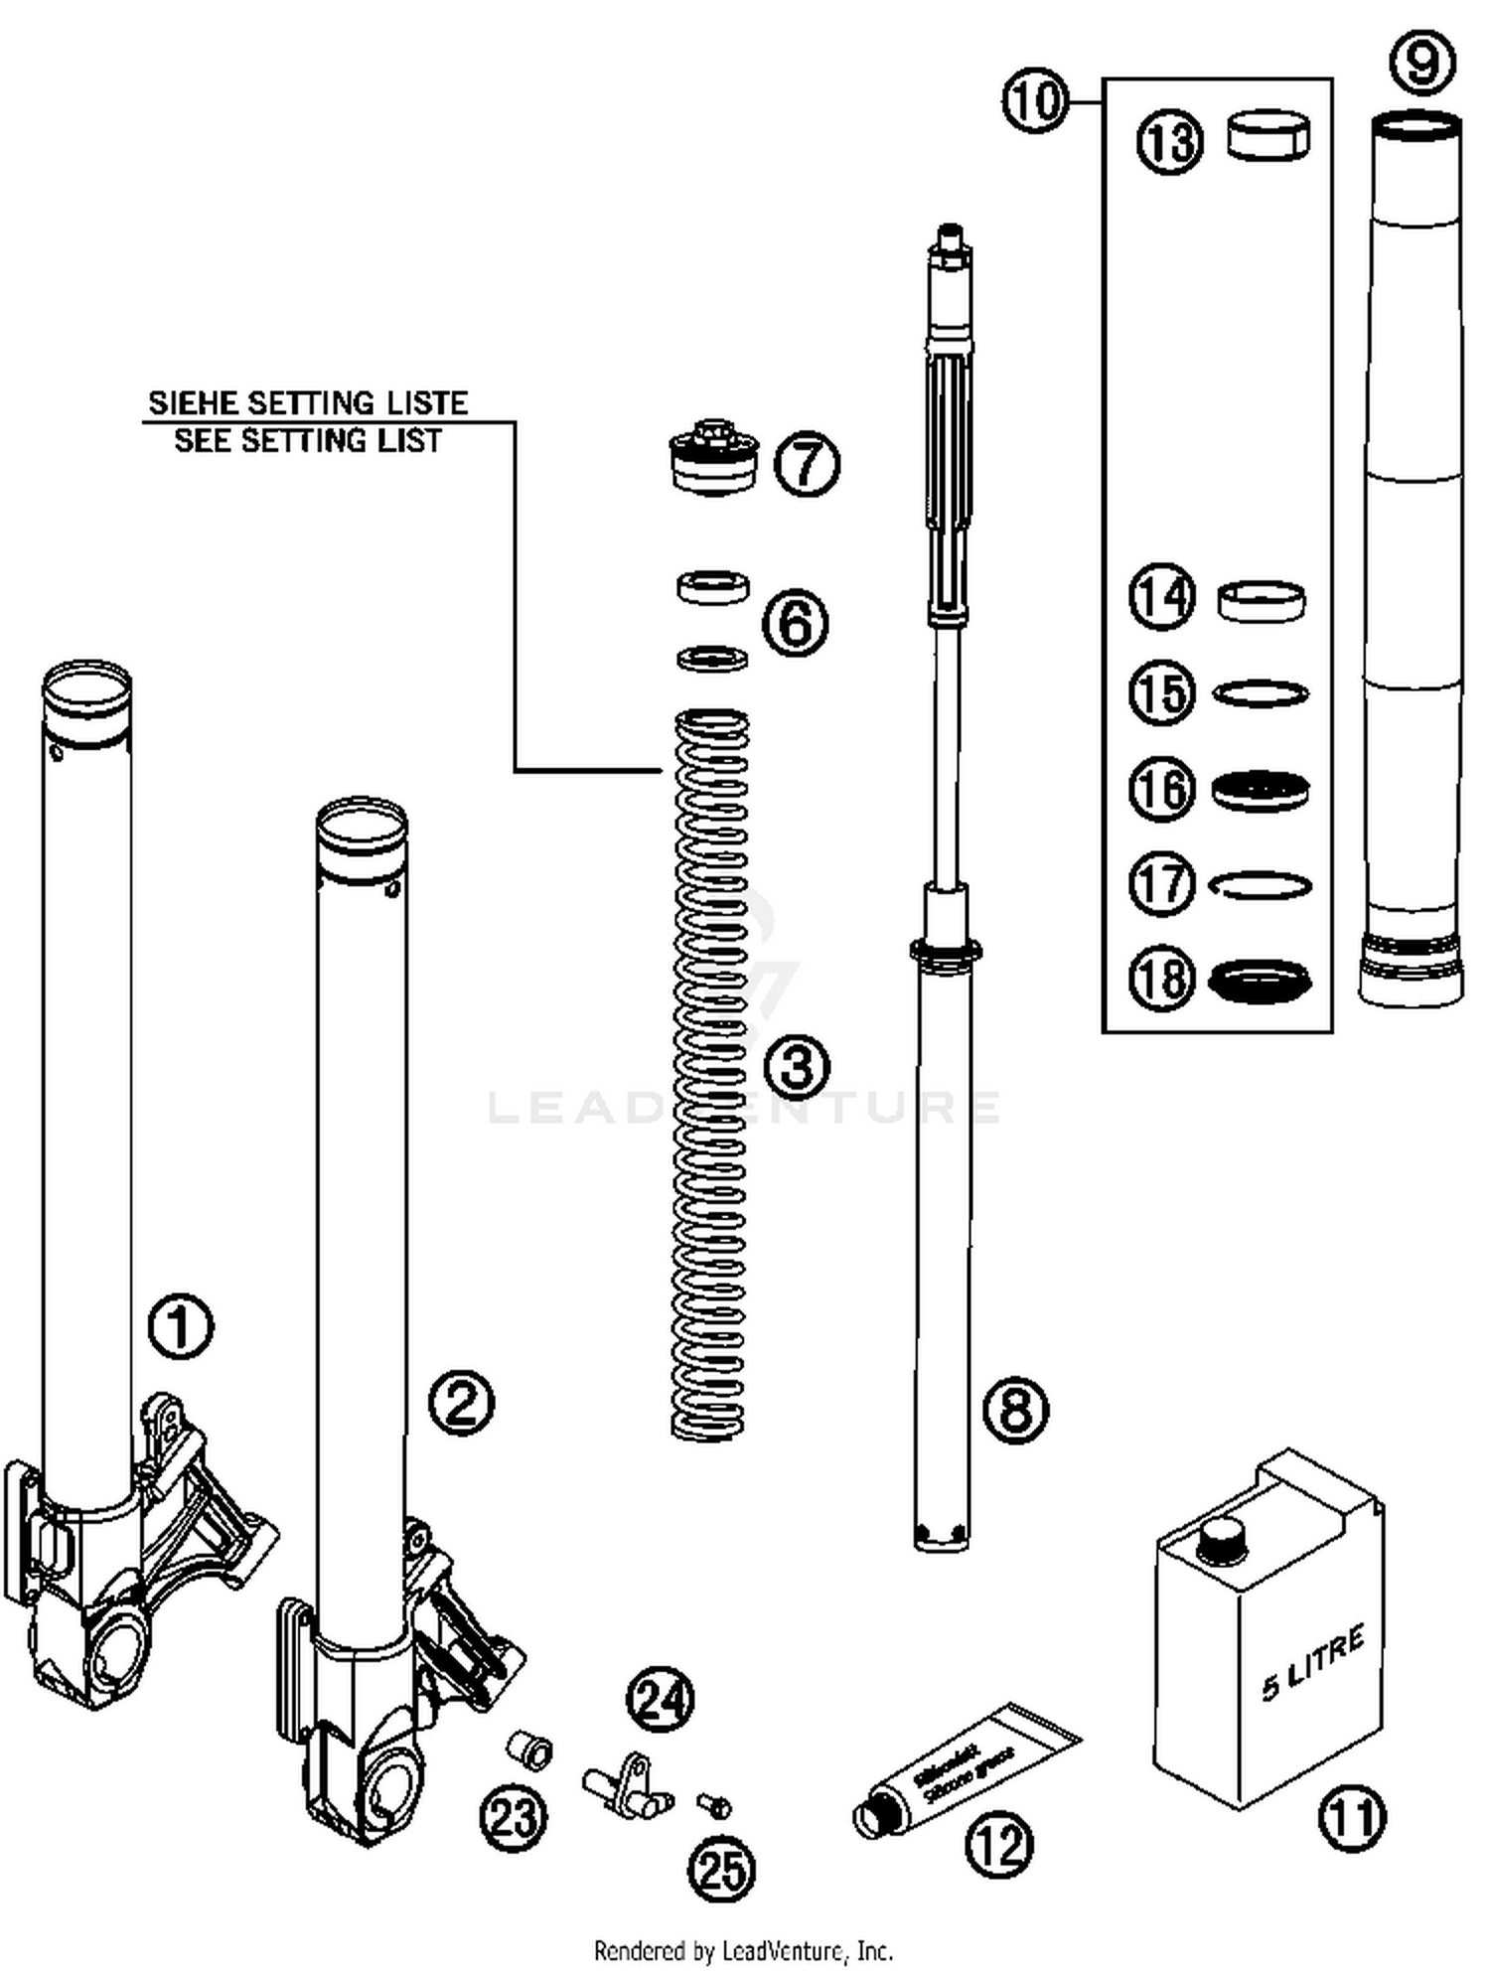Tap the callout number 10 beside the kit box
tap(1034, 101)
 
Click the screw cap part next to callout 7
tap(714, 457)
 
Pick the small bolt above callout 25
tap(715, 1804)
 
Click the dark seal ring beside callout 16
tap(1261, 790)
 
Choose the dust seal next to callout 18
tap(1261, 981)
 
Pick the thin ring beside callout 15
tap(1261, 693)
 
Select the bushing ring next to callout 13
tap(1268, 135)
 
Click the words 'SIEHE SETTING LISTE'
tap(308, 403)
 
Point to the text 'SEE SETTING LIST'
tap(308, 440)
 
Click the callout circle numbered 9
tap(1422, 61)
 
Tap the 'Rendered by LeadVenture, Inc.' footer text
tap(743, 1950)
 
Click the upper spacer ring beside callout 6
tap(713, 587)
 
